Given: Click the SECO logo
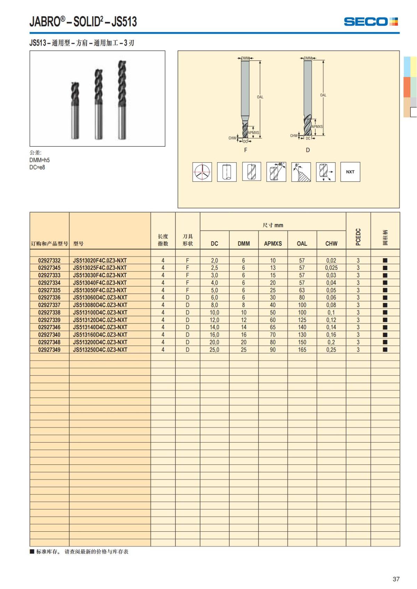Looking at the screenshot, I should coord(370,22).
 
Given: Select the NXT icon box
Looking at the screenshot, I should coord(350,172).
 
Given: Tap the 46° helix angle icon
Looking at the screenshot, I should coord(276,172).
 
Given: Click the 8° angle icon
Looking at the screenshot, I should coord(301,172).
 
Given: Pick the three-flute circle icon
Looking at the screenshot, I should coord(202,172).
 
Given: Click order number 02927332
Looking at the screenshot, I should coord(49,261).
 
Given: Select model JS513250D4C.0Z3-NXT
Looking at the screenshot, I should coord(100,350).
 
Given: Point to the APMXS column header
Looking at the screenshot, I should coord(273,244).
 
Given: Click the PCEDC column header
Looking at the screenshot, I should coord(358,237).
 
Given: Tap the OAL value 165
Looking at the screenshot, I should coord(302,350).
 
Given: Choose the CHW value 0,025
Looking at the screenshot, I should coord(331,268).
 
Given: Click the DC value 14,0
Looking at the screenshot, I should coord(214,327).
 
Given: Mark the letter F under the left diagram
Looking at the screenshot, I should coord(246,150).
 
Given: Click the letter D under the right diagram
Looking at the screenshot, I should coord(308,150).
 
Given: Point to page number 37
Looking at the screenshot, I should coord(396,579).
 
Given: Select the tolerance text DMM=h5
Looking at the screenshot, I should coord(40,160).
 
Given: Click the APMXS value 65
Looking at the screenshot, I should coord(273,327).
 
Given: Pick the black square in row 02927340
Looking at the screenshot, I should coord(385,335).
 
